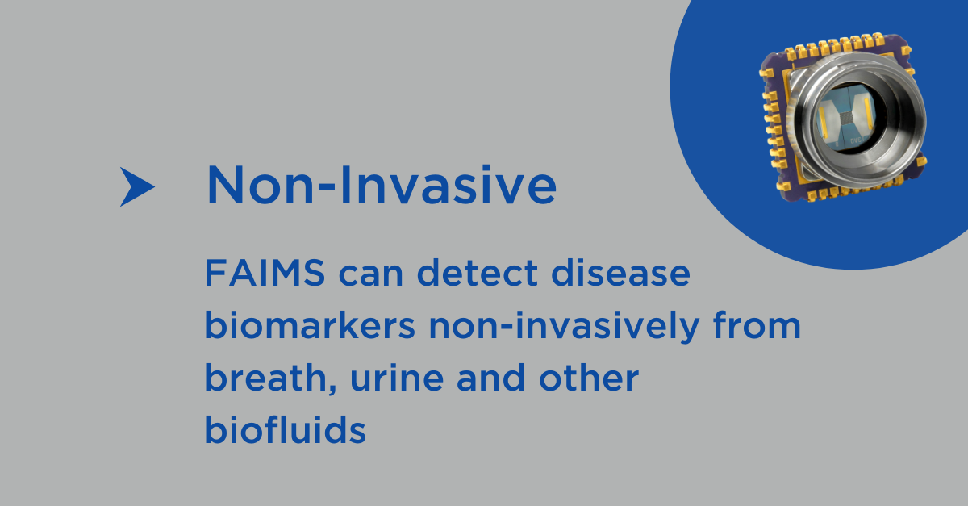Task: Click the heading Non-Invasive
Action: (x=382, y=185)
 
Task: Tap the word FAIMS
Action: (x=265, y=273)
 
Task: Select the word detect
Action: (x=478, y=273)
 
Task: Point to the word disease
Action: (x=620, y=273)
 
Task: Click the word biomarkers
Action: (x=310, y=325)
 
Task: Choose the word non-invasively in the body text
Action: (x=564, y=328)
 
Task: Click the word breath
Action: (x=265, y=377)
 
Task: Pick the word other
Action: (x=589, y=377)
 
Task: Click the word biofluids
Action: (x=286, y=429)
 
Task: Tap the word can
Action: (x=371, y=275)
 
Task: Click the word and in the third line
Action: (x=491, y=377)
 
